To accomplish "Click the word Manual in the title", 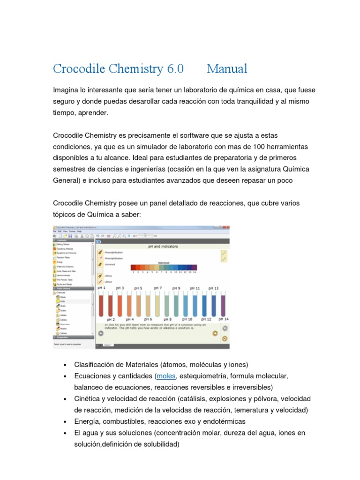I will pyautogui.click(x=227, y=69).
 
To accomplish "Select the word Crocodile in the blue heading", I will pyautogui.click(x=81, y=69).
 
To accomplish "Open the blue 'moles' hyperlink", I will pyautogui.click(x=166, y=376).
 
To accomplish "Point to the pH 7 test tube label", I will pyautogui.click(x=157, y=288).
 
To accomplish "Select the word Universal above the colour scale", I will pyautogui.click(x=164, y=263).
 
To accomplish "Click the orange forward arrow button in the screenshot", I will pyautogui.click(x=215, y=333).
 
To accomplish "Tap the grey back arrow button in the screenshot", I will pyautogui.click(x=101, y=333).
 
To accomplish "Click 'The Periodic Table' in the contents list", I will pyautogui.click(x=66, y=279).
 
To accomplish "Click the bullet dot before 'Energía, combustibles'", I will pyautogui.click(x=64, y=421).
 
